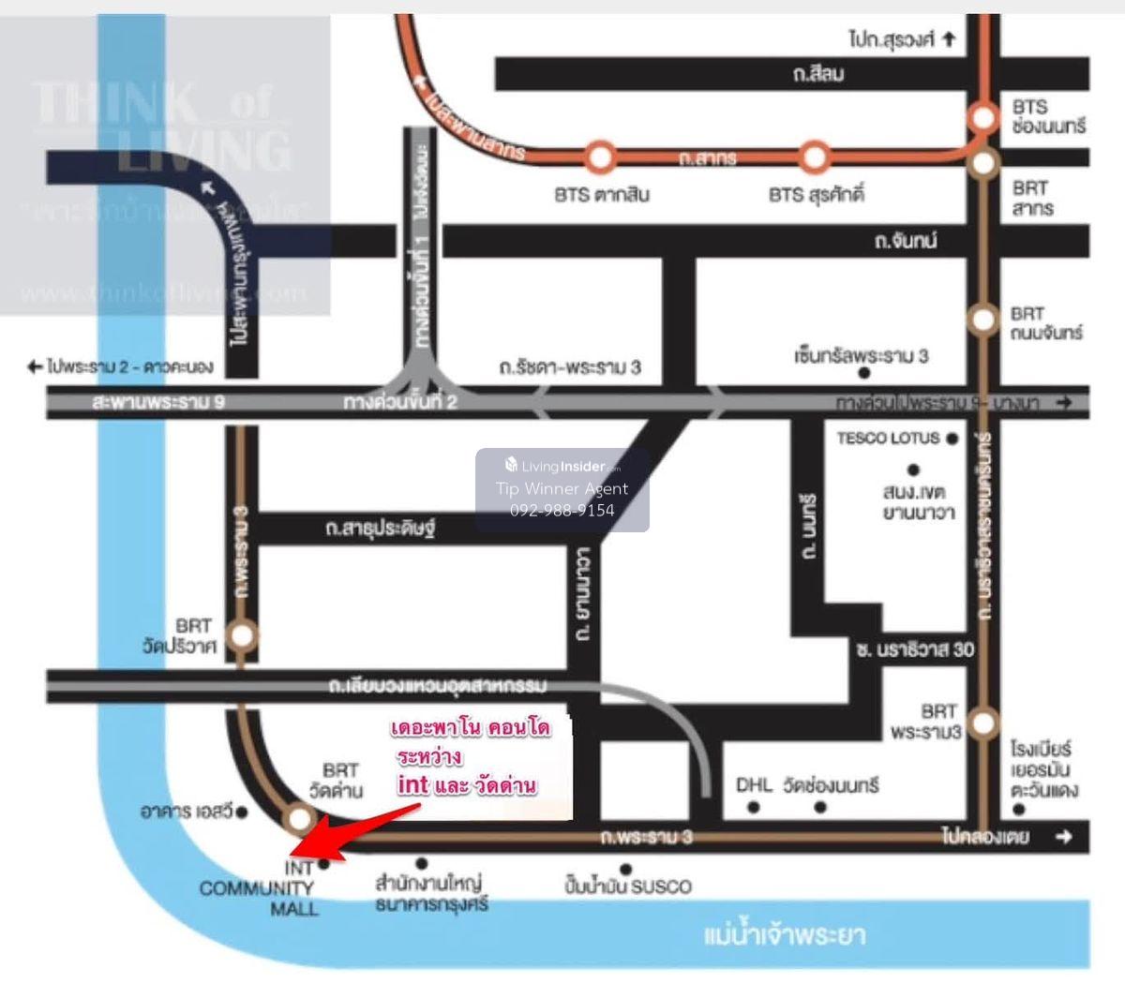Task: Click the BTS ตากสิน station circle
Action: tap(600, 155)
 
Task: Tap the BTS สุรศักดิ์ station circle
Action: tap(815, 155)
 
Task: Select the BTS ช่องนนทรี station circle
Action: tap(983, 117)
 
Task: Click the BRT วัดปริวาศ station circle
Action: tap(242, 636)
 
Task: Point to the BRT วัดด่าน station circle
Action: tap(299, 820)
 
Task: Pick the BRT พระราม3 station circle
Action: tap(982, 723)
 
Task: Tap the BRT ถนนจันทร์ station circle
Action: tap(982, 320)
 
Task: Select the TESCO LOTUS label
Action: tap(887, 438)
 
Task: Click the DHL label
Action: tap(754, 784)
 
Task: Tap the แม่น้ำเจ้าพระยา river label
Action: tap(784, 934)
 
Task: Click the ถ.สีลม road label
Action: tap(817, 74)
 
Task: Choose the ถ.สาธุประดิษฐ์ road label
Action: tap(381, 529)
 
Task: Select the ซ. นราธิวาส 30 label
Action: tap(914, 649)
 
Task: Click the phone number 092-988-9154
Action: tap(562, 511)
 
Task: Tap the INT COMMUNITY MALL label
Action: tap(258, 888)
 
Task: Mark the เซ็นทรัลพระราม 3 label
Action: tap(861, 356)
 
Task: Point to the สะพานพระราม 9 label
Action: tap(158, 403)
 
